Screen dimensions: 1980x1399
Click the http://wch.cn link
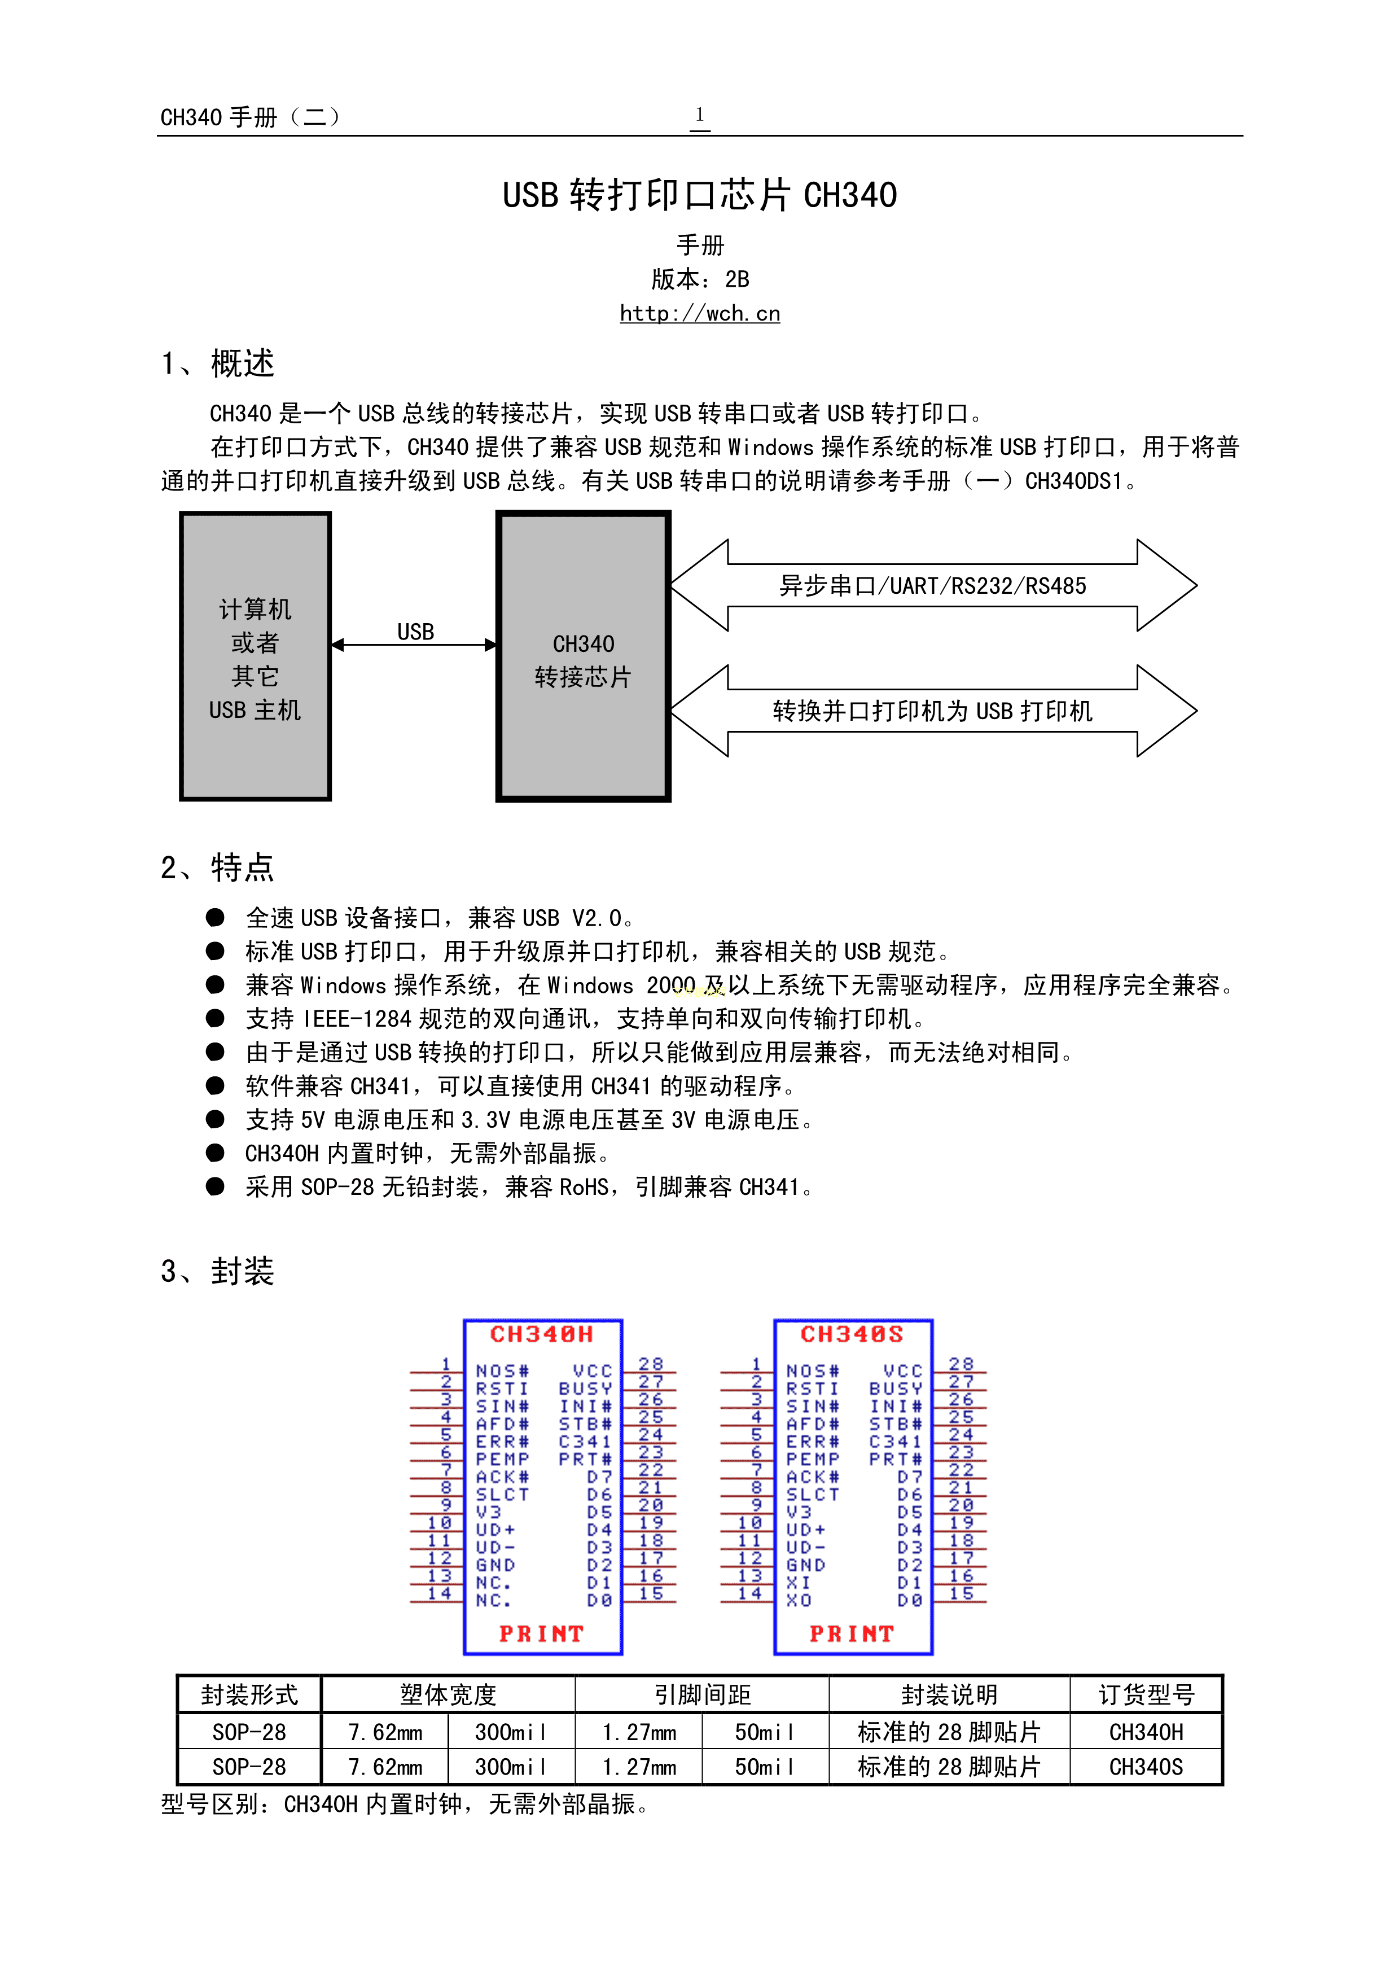click(699, 313)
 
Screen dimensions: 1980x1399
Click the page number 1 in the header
click(699, 115)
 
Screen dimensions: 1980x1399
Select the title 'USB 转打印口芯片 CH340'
click(699, 195)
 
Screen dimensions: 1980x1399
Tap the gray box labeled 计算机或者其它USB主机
click(255, 655)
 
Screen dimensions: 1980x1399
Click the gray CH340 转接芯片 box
click(583, 655)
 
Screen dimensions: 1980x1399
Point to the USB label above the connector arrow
click(415, 632)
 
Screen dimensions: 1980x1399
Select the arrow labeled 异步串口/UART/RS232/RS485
click(933, 585)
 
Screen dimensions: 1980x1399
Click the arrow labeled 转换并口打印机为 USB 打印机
click(933, 711)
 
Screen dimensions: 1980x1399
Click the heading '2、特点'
click(217, 867)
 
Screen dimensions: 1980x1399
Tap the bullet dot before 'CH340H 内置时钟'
click(216, 1153)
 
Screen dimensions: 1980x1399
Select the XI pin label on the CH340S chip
click(798, 1583)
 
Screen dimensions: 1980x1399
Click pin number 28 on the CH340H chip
click(651, 1364)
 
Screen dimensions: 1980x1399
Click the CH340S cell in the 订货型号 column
click(1146, 1767)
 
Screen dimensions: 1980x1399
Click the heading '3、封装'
click(217, 1271)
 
